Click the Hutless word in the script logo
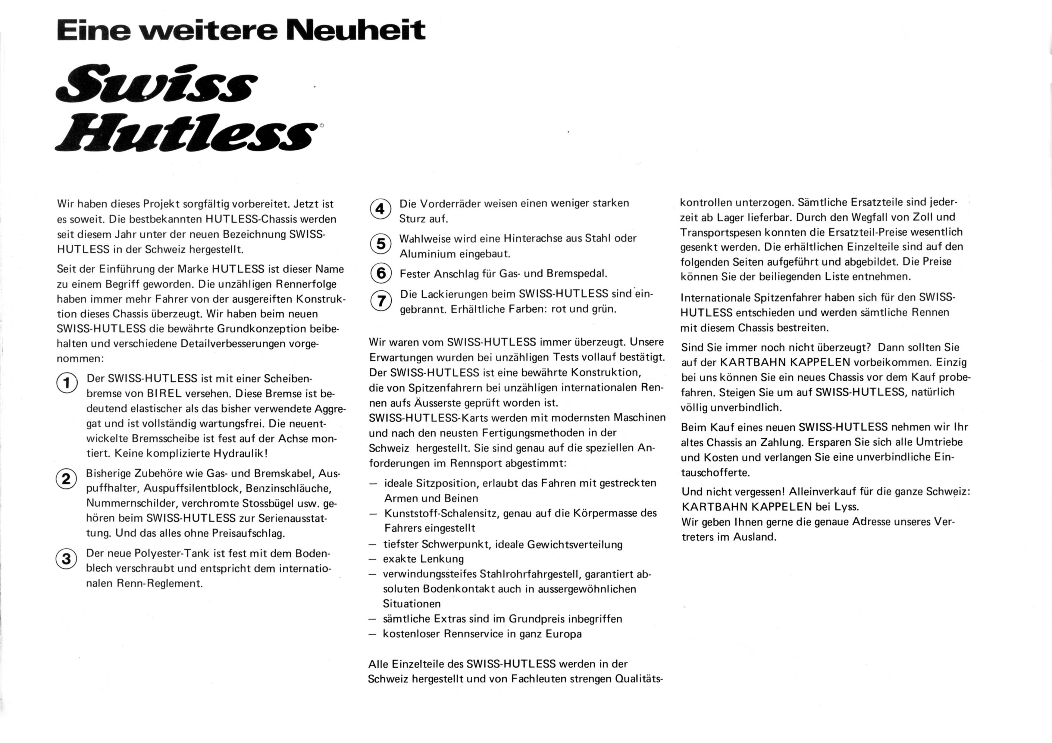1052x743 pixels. (186, 136)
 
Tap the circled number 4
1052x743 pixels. (380, 209)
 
